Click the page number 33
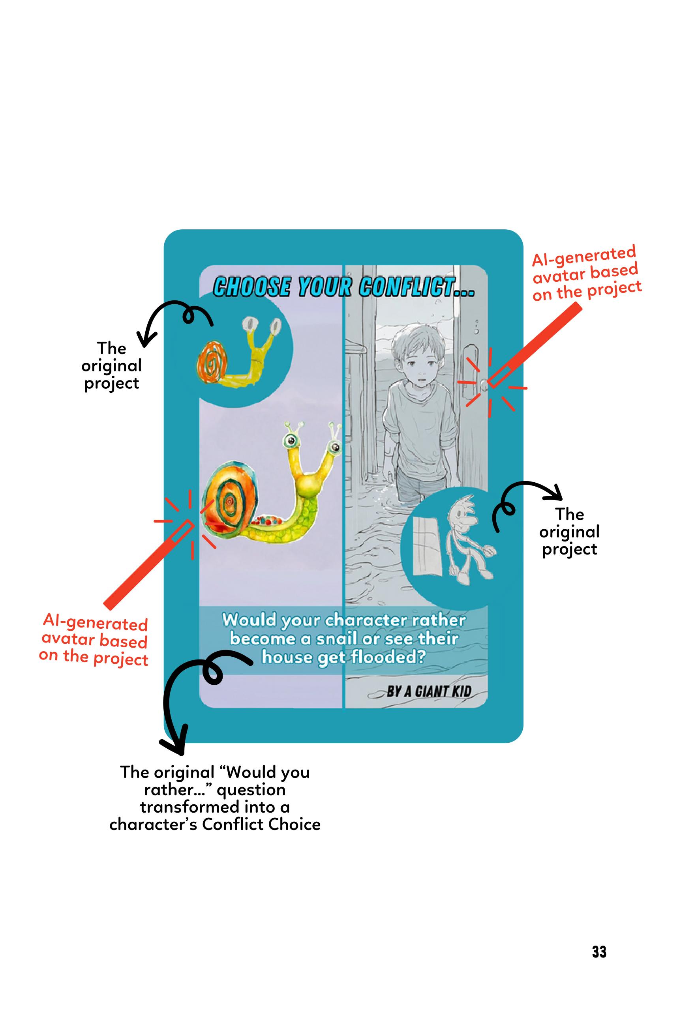(599, 952)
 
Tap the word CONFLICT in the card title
(417, 288)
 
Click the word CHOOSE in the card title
(252, 288)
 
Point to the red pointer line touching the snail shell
(148, 563)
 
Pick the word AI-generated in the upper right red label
(583, 256)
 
